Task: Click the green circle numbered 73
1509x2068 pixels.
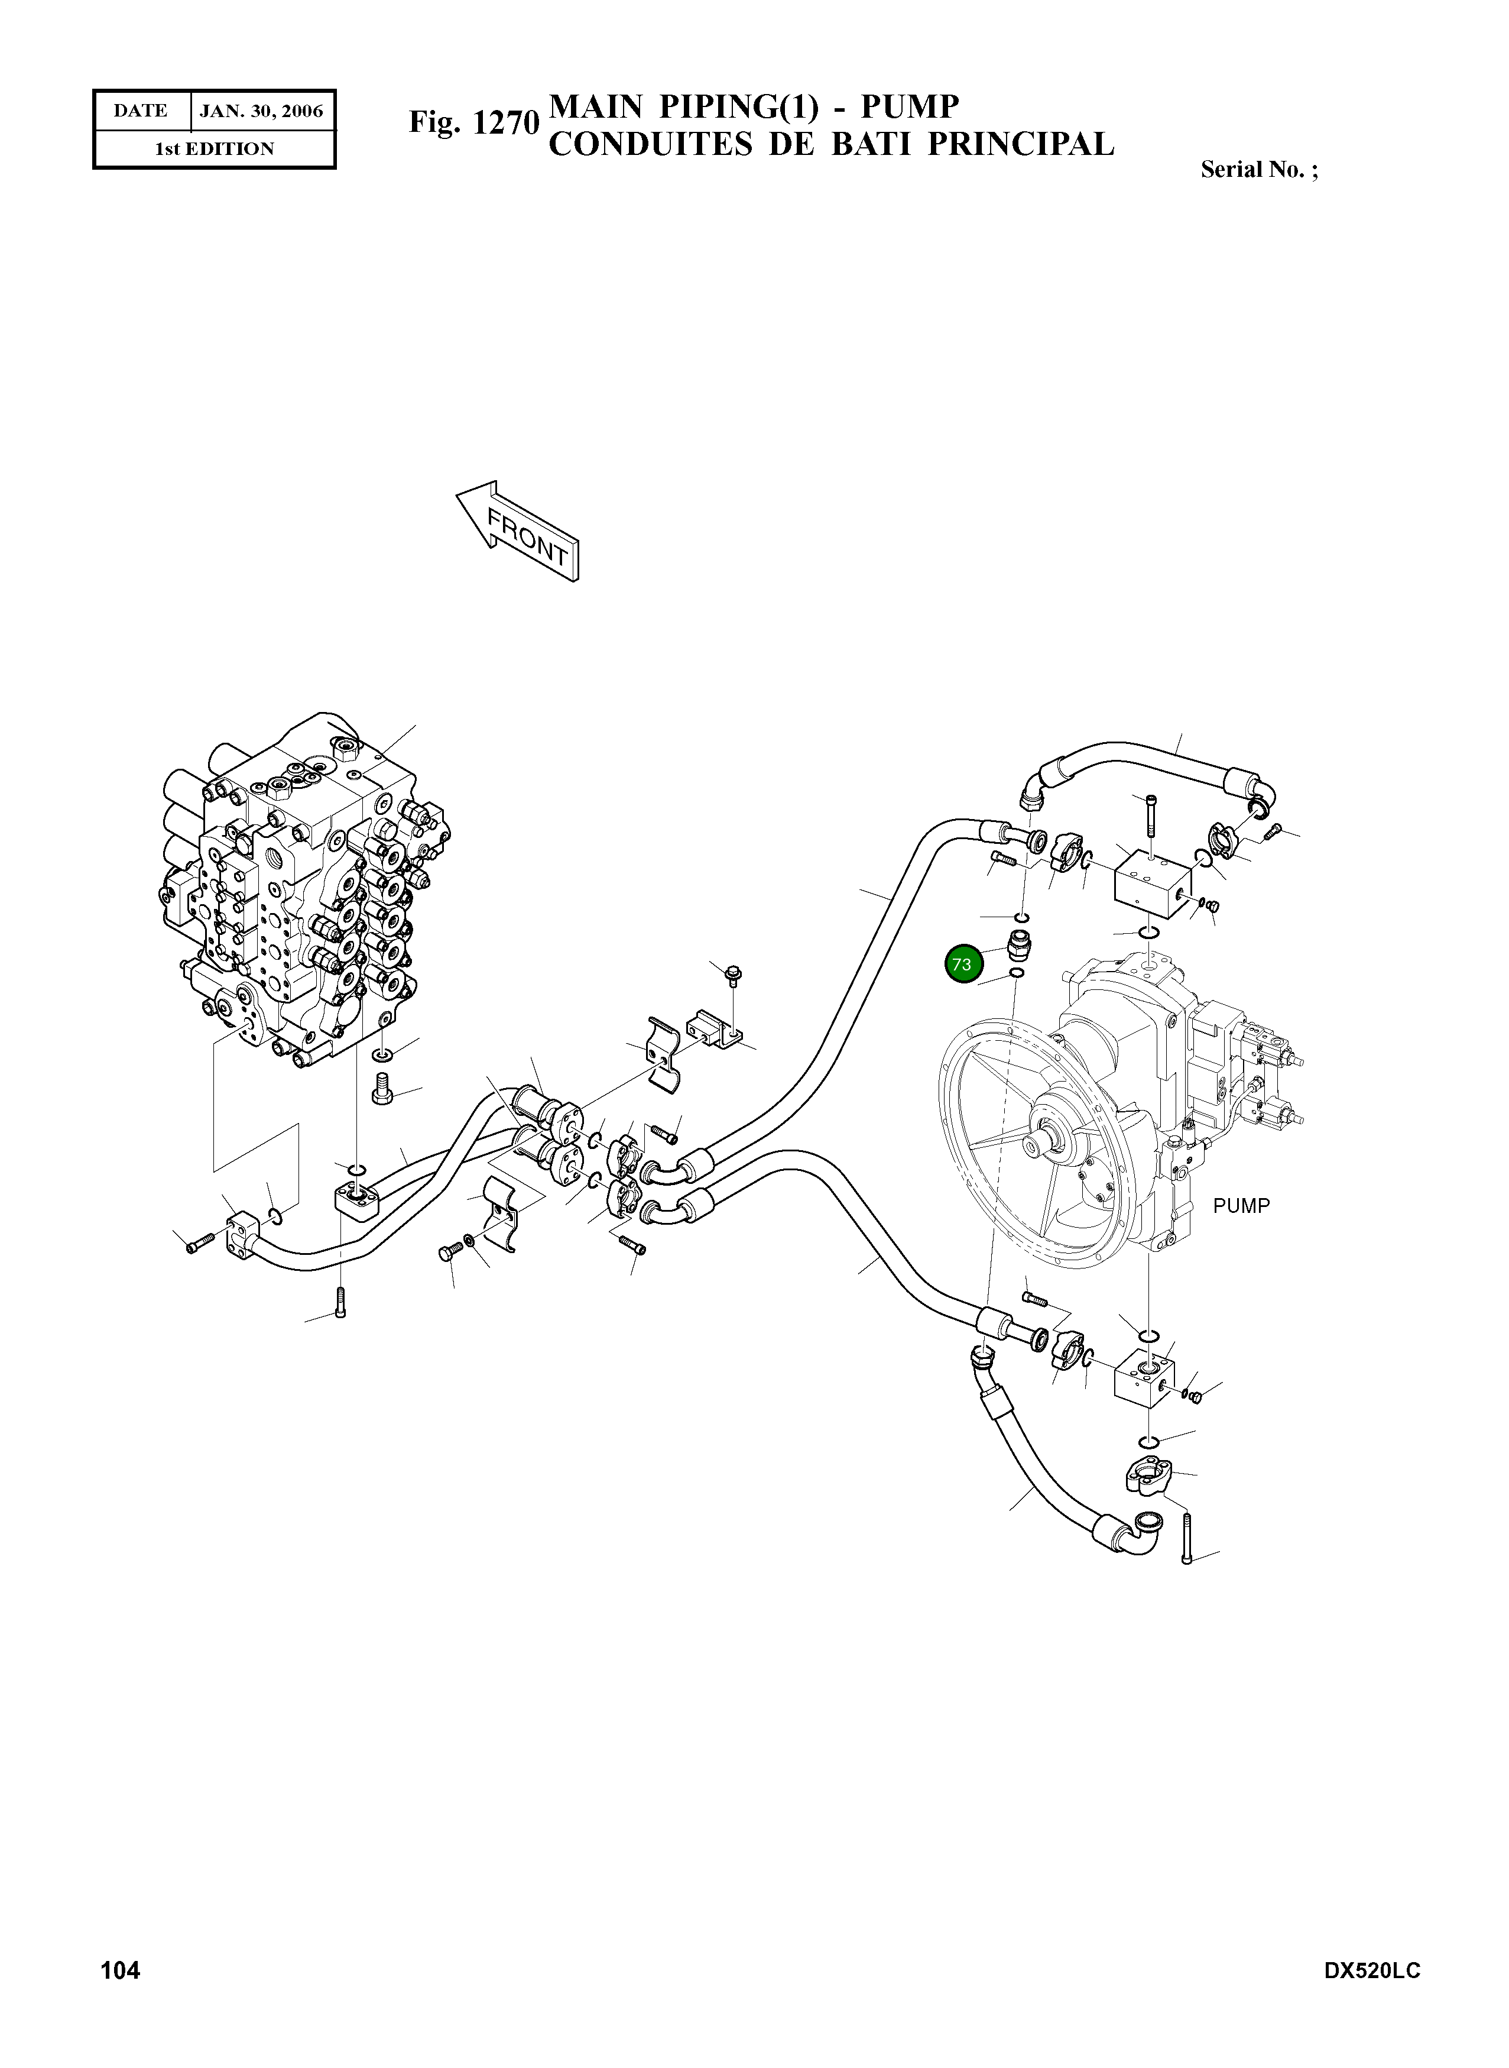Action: pos(961,964)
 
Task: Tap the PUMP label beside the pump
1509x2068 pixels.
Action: pos(1241,1206)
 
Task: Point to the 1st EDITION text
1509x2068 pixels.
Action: pos(215,149)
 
